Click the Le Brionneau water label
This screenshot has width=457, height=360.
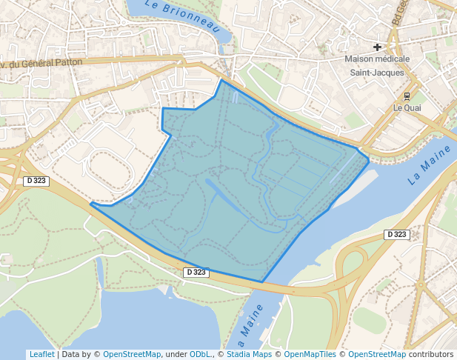click(184, 16)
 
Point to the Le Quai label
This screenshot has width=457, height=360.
click(407, 107)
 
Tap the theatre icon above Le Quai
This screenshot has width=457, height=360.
click(407, 96)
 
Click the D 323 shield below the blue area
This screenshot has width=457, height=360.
click(196, 272)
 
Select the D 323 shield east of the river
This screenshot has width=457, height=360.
click(396, 234)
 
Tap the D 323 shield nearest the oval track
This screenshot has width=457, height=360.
click(36, 181)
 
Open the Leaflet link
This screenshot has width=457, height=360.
click(41, 354)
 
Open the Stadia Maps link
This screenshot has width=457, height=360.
click(249, 354)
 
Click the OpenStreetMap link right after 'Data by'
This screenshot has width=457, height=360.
click(131, 354)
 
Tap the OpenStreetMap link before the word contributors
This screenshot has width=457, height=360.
click(377, 354)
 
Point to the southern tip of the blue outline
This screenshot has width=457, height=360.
click(262, 281)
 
